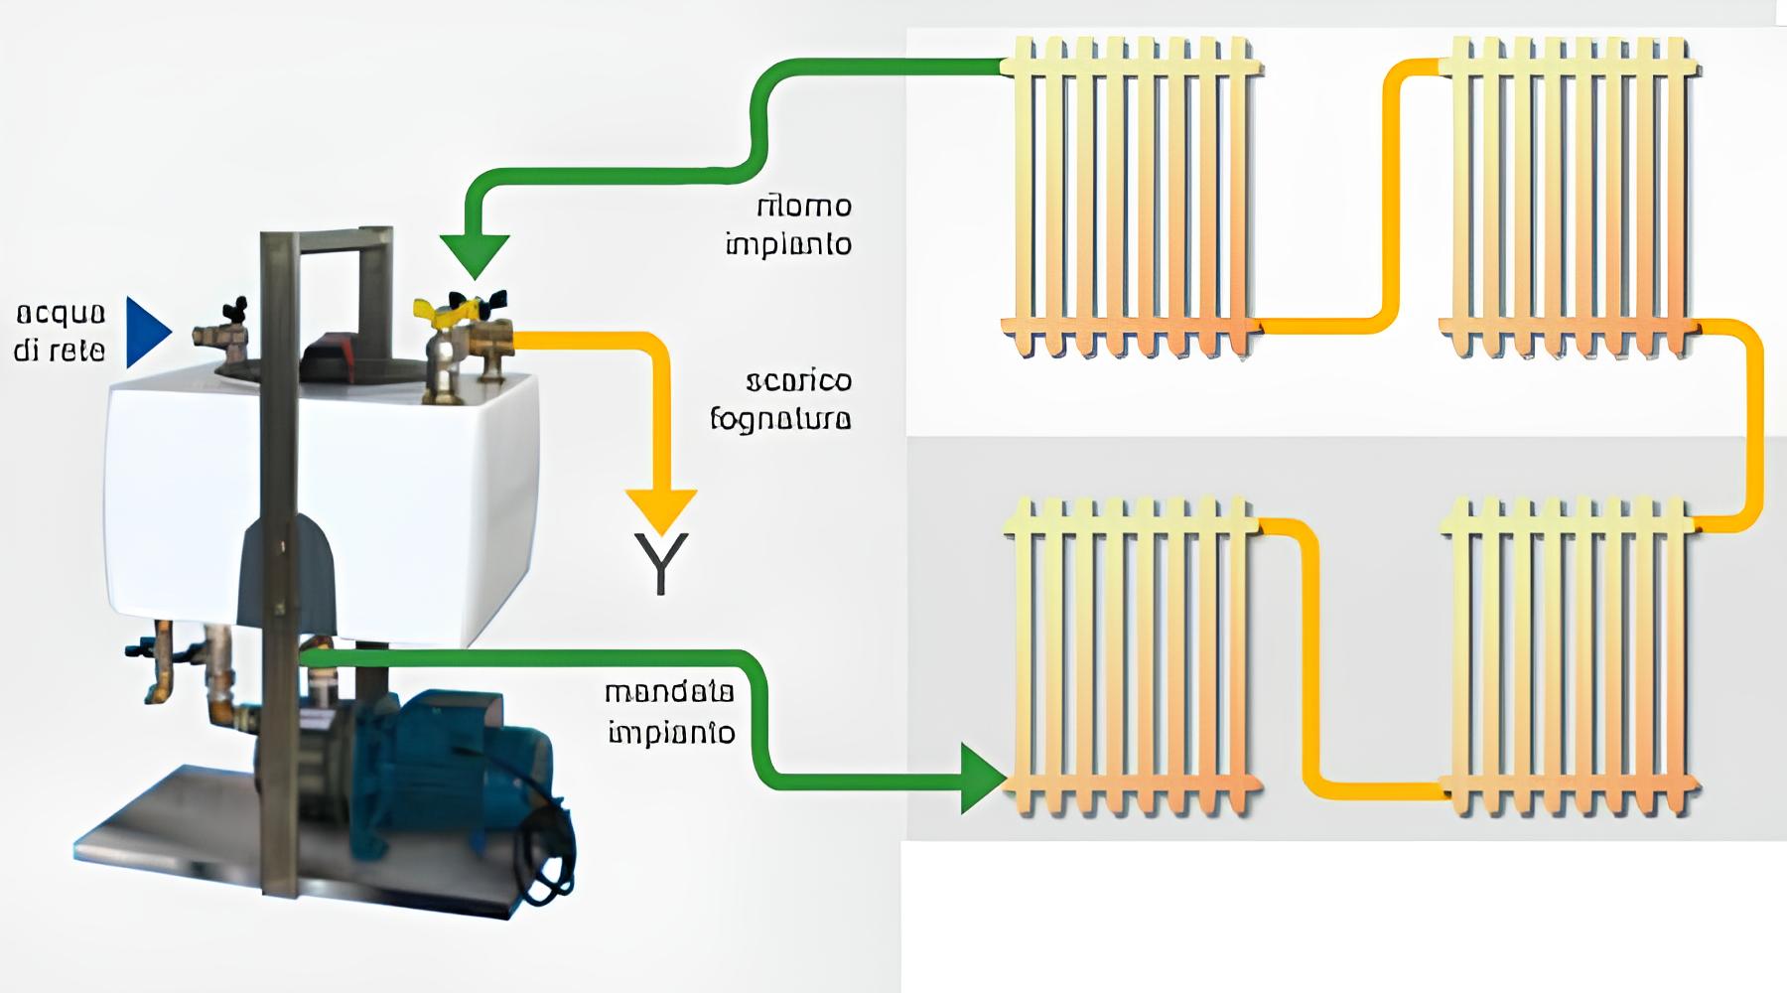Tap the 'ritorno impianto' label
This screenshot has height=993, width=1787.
(x=790, y=224)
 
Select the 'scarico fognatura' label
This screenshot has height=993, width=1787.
(x=782, y=400)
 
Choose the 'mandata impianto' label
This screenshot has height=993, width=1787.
(x=671, y=711)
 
